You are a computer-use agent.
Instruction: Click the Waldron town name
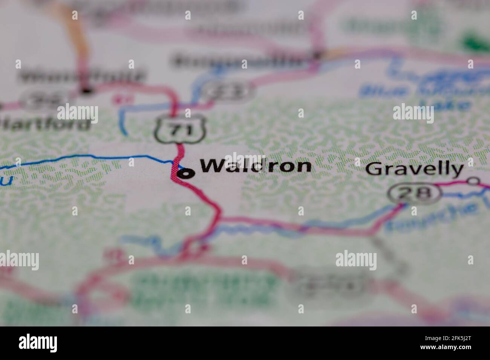point(256,166)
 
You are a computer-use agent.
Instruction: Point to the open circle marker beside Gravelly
point(473,181)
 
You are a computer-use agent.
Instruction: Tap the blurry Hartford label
point(45,123)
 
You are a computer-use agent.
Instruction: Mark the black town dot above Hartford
point(87,90)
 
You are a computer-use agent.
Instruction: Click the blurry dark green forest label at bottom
point(204,288)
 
